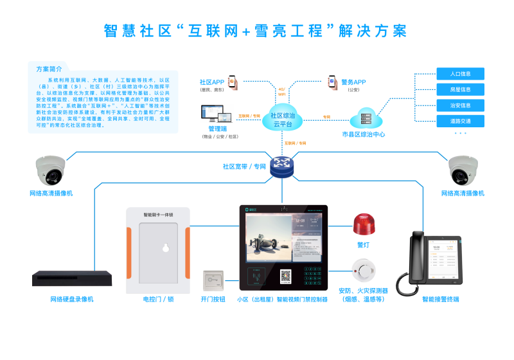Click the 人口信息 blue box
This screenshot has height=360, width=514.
[x=460, y=73]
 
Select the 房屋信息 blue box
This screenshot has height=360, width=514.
[x=460, y=89]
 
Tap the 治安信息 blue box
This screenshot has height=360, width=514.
[x=460, y=105]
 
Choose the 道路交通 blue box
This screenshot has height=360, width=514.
[x=460, y=121]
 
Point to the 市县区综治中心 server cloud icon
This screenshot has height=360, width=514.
[x=366, y=118]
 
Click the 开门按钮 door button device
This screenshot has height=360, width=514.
[x=213, y=280]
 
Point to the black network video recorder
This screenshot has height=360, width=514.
[x=71, y=278]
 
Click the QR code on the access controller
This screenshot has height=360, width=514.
[x=285, y=276]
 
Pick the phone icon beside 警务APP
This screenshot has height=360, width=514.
[x=333, y=82]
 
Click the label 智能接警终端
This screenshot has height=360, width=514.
[x=440, y=300]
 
